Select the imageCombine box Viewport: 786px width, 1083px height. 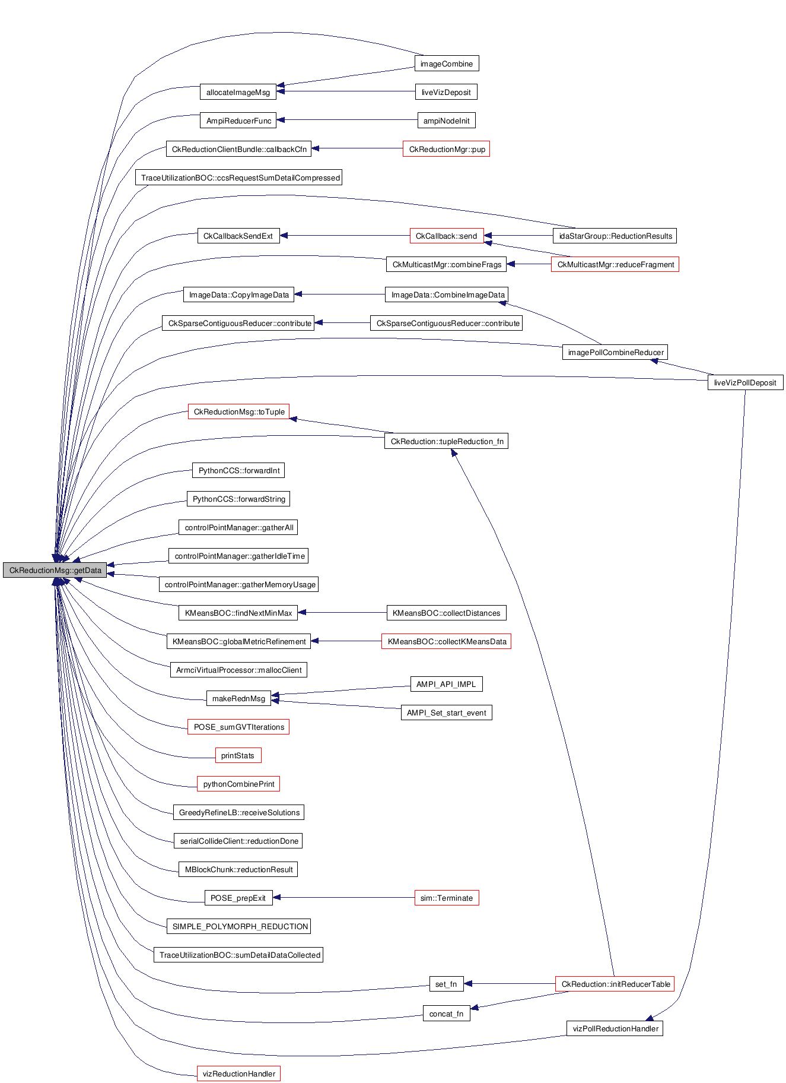(x=446, y=64)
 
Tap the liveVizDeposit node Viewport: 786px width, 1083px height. (x=446, y=92)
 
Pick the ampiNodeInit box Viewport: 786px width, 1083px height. (x=446, y=121)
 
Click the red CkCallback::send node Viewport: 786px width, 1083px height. (x=446, y=236)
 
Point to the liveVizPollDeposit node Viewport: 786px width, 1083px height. (x=744, y=382)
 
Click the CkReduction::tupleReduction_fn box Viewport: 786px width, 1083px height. (x=446, y=441)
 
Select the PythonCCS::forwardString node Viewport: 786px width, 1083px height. (x=238, y=499)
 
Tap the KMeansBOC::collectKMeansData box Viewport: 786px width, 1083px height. (x=446, y=641)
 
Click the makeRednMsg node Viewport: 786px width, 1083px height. (x=238, y=698)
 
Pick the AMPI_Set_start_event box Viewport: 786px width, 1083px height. (x=446, y=712)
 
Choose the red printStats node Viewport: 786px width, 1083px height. (x=237, y=755)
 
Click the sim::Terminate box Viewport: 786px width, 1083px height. (x=446, y=898)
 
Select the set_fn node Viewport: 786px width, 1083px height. (x=446, y=984)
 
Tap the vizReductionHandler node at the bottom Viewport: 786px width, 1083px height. (x=238, y=1073)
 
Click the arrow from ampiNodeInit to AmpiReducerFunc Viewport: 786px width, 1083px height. (x=350, y=120)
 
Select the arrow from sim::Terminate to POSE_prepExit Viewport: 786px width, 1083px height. (x=344, y=897)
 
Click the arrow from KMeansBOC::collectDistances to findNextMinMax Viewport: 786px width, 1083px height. (x=344, y=612)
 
